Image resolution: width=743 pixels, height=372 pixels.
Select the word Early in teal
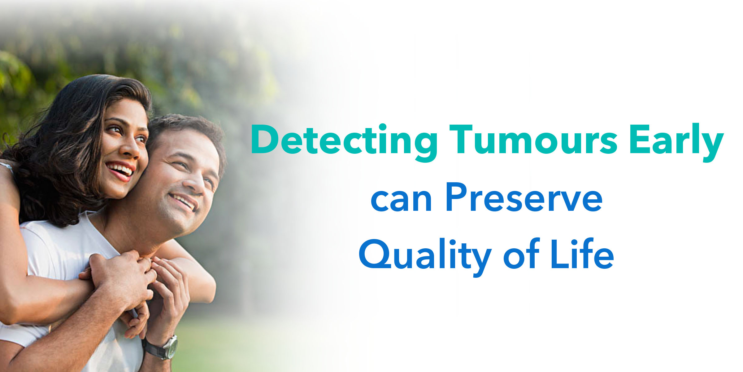coord(676,143)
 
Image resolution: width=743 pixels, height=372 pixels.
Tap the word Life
coord(582,253)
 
